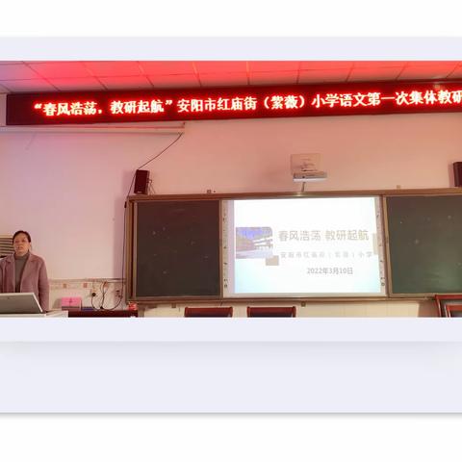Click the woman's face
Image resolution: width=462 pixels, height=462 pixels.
click(21, 242)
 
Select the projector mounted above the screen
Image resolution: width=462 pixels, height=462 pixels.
click(308, 169)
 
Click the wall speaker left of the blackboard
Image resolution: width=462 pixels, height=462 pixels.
click(141, 181)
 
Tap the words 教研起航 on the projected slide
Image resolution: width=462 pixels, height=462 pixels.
click(346, 235)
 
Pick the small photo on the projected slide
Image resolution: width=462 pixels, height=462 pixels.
click(254, 243)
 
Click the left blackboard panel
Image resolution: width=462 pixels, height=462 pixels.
click(177, 247)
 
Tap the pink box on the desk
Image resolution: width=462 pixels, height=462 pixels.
click(71, 301)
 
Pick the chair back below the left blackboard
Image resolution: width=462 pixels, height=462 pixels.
click(208, 311)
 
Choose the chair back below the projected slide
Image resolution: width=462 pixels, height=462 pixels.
click(271, 311)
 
